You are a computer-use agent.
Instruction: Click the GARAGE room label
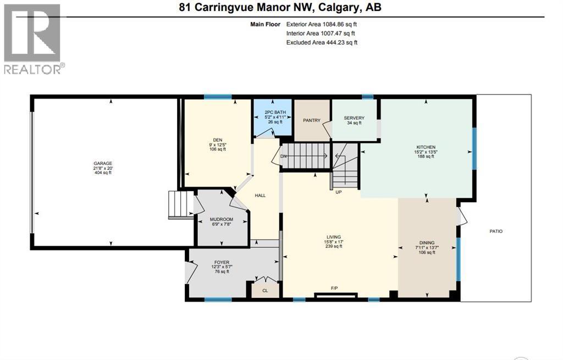pyautogui.click(x=103, y=163)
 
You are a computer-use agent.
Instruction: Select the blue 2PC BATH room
pyautogui.click(x=273, y=119)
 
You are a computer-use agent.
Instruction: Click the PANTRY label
pyautogui.click(x=312, y=120)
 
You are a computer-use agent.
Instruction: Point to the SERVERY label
pyautogui.click(x=354, y=118)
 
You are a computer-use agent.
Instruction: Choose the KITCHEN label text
pyautogui.click(x=426, y=147)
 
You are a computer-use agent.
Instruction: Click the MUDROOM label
pyautogui.click(x=222, y=219)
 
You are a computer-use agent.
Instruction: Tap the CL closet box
pyautogui.click(x=264, y=290)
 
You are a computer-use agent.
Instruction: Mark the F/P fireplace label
pyautogui.click(x=334, y=288)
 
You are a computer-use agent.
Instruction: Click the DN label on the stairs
pyautogui.click(x=284, y=156)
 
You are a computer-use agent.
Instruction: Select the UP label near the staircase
pyautogui.click(x=340, y=192)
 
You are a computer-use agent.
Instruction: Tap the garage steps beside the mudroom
pyautogui.click(x=180, y=204)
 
